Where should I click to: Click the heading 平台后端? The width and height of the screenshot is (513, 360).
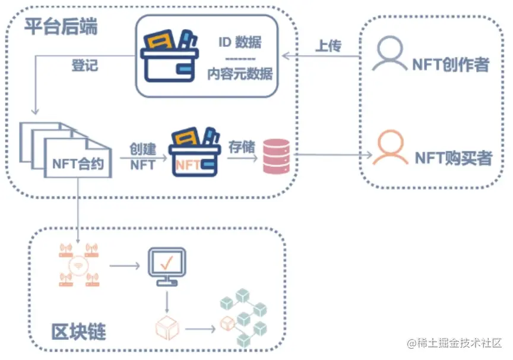coord(62,28)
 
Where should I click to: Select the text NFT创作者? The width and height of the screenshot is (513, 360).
coord(451,65)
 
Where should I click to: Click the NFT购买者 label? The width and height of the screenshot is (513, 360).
coord(453,158)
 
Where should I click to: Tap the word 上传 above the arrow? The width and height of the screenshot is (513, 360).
coord(328,46)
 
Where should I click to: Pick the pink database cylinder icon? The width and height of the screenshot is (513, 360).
coord(276,156)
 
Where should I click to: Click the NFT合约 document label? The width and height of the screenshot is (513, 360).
coord(78,163)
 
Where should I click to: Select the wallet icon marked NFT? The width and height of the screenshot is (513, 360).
coord(193,153)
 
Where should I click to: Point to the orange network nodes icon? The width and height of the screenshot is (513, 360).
coord(78,264)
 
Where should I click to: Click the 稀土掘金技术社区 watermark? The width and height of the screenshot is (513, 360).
coord(454,343)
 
